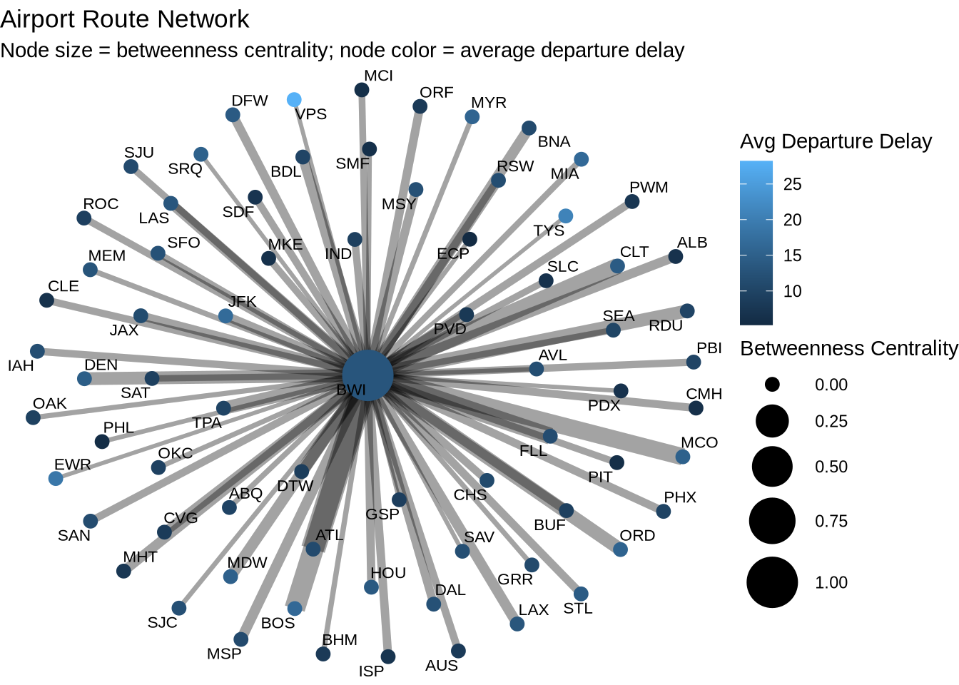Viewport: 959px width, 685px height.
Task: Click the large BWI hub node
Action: tap(367, 375)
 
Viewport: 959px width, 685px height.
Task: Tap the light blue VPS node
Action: tap(294, 100)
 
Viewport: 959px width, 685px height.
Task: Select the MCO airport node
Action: tap(683, 457)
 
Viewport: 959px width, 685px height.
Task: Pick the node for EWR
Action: tap(56, 479)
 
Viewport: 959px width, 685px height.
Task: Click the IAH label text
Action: tap(21, 366)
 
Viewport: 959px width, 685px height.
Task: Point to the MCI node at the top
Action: tap(362, 90)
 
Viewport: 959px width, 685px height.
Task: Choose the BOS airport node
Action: tap(295, 608)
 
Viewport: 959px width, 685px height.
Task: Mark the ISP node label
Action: tap(371, 671)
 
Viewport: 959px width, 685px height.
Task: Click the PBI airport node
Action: tap(694, 362)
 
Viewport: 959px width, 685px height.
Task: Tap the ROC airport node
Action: tap(84, 218)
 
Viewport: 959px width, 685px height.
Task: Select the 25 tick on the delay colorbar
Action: tap(793, 184)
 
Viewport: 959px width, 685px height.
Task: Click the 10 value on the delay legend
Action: tap(793, 291)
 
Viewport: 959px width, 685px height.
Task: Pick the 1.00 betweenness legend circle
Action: tap(772, 583)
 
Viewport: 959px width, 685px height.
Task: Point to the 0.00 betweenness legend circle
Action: tap(772, 385)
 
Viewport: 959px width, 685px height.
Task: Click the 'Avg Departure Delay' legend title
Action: tap(836, 141)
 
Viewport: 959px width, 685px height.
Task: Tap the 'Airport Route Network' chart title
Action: tap(125, 19)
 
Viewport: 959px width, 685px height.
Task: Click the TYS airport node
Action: tap(565, 215)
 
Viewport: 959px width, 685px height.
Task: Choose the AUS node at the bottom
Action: tap(458, 651)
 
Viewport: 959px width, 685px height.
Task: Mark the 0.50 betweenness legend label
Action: tap(831, 467)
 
